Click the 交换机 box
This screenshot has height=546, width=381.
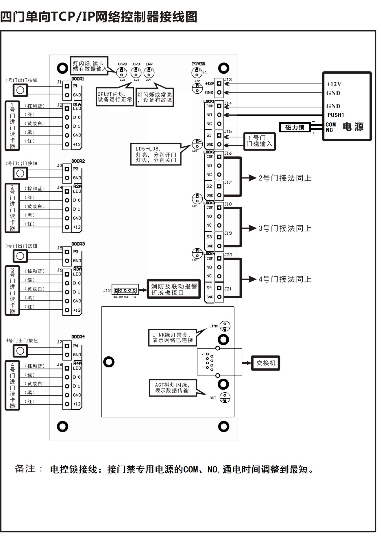(x=265, y=363)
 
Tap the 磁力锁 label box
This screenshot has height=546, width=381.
(x=295, y=127)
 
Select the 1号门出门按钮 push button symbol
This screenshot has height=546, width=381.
(x=20, y=90)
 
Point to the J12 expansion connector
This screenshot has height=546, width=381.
(x=125, y=290)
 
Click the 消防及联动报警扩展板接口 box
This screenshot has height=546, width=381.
(x=174, y=289)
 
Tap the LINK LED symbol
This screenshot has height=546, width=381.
(x=225, y=326)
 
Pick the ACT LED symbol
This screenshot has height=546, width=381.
(x=225, y=398)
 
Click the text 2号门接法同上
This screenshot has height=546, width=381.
(x=285, y=178)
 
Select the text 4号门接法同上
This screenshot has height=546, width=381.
(x=285, y=279)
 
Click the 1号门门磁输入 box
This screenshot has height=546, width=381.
(x=259, y=141)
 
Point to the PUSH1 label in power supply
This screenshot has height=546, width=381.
(x=335, y=115)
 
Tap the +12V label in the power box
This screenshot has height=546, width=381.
(x=334, y=84)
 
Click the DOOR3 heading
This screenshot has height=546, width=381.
(x=78, y=244)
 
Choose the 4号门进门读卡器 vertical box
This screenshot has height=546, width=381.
(x=12, y=385)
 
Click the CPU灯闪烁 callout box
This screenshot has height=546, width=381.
(x=115, y=97)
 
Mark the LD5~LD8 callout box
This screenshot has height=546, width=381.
(x=156, y=154)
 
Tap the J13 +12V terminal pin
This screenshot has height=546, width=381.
(x=219, y=84)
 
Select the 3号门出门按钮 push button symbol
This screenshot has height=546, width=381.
(x=20, y=256)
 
